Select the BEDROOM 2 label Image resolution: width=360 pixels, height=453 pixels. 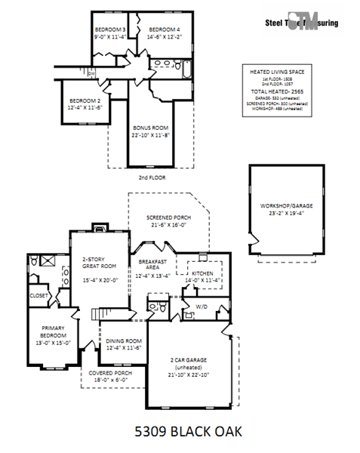85,100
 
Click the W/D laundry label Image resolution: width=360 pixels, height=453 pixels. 202,306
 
